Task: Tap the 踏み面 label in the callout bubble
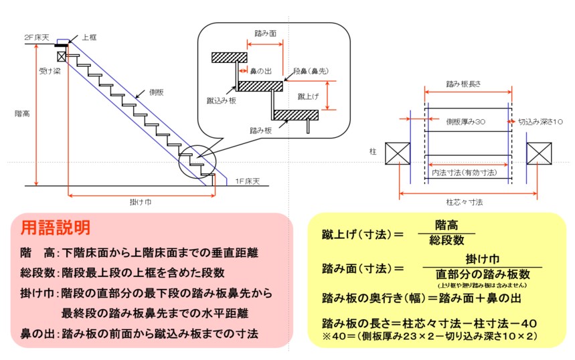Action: pyautogui.click(x=266, y=31)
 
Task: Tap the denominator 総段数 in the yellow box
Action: pyautogui.click(x=446, y=240)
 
